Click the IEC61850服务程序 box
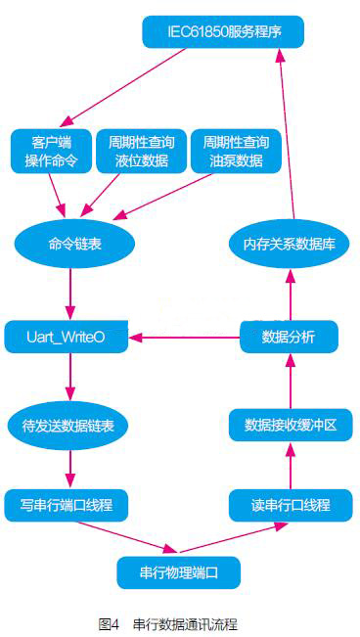(222, 32)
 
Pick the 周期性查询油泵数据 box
(233, 151)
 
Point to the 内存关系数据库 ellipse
(289, 244)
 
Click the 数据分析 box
(290, 338)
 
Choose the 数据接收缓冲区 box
(291, 426)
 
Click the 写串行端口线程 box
(67, 505)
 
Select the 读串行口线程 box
(291, 505)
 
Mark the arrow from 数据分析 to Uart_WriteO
(186, 338)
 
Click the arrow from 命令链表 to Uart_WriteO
(68, 292)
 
